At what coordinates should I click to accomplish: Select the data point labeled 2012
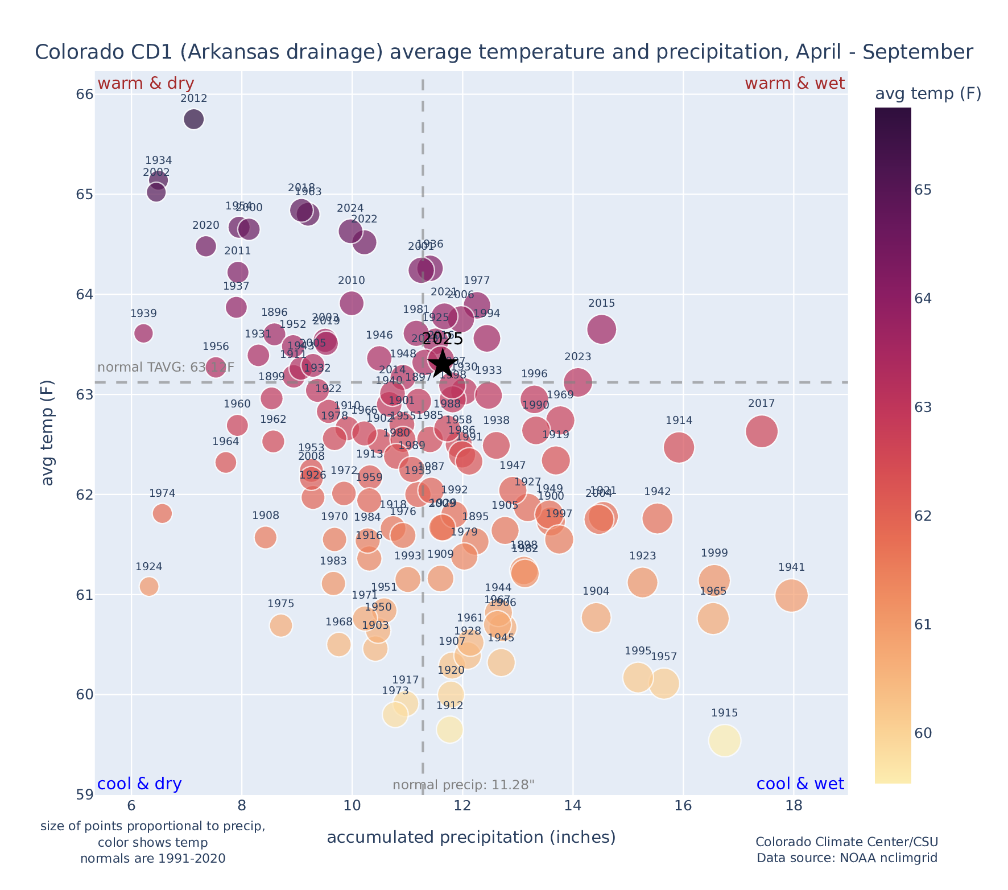coord(194,120)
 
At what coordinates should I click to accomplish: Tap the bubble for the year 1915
coord(724,741)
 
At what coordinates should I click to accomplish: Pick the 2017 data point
coord(762,431)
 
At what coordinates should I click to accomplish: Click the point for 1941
coord(791,595)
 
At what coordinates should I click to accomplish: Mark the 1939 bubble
coord(143,333)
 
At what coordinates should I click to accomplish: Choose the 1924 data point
coord(149,586)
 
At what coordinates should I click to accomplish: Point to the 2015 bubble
coord(601,329)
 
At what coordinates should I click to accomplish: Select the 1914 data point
coord(679,447)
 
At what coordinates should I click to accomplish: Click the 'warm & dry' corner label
coord(146,84)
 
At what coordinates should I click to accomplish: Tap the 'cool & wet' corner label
coord(800,784)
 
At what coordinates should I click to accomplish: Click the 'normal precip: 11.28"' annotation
coord(464,785)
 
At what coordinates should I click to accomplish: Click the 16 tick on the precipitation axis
coord(683,806)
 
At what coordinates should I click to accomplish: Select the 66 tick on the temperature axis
coord(84,94)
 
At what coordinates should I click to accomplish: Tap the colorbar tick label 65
coord(923,190)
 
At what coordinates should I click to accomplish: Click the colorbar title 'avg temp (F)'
coord(928,94)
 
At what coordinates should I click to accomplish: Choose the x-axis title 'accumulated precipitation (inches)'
coord(471,838)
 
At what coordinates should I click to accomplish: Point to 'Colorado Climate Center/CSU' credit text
coord(846,842)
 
